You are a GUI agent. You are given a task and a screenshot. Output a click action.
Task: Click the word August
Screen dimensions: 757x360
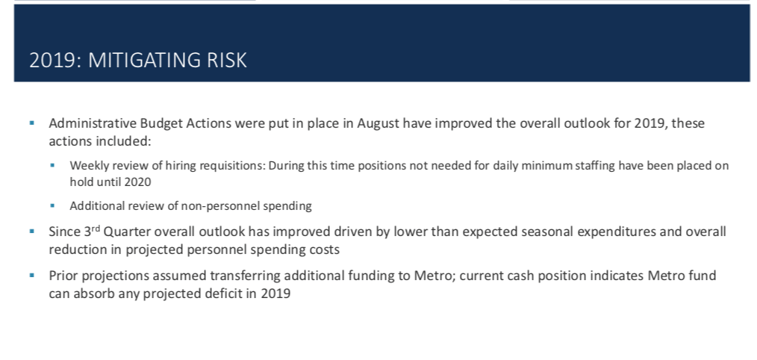[378, 124]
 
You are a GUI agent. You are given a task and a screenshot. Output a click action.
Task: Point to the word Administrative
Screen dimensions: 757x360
[93, 123]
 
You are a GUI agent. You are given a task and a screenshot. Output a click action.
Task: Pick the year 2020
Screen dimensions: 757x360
[137, 182]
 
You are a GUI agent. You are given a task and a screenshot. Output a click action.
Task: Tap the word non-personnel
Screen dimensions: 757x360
[222, 206]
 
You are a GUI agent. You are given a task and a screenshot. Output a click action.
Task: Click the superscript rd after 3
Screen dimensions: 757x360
[96, 228]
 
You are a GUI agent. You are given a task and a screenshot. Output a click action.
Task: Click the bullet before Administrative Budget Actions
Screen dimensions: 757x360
[32, 123]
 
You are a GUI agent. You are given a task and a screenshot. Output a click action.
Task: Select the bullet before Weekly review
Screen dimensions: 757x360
[52, 166]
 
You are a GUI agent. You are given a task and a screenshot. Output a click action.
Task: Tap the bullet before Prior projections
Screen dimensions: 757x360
[32, 276]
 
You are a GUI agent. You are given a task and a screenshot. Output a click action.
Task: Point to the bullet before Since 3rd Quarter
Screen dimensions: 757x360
[32, 232]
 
